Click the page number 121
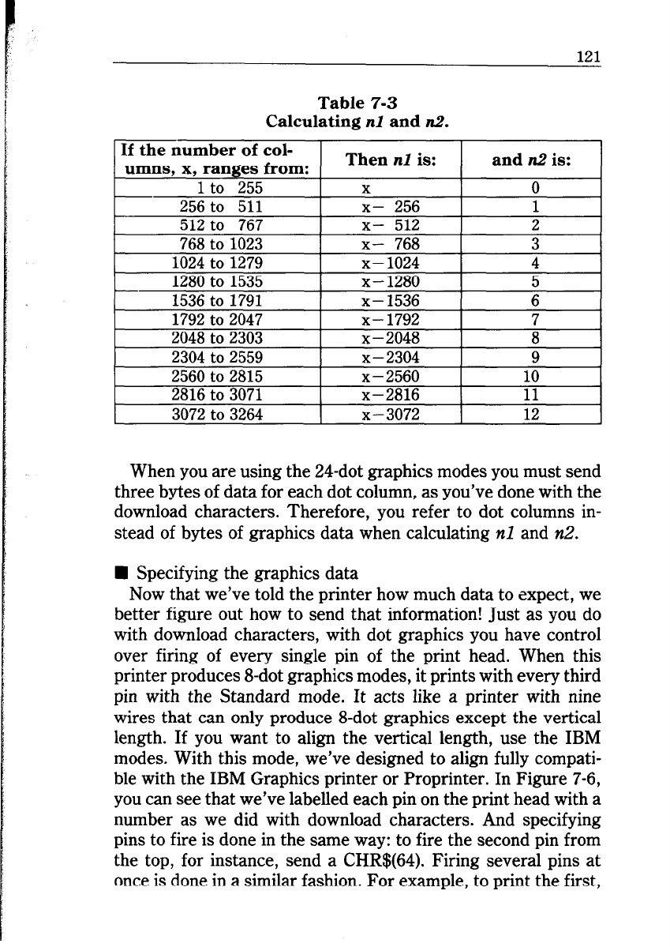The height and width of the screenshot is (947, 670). tap(588, 56)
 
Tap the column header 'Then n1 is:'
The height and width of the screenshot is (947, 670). tap(390, 160)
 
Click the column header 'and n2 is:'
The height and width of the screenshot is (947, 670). tap(531, 160)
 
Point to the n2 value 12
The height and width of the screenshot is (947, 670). tap(532, 414)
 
